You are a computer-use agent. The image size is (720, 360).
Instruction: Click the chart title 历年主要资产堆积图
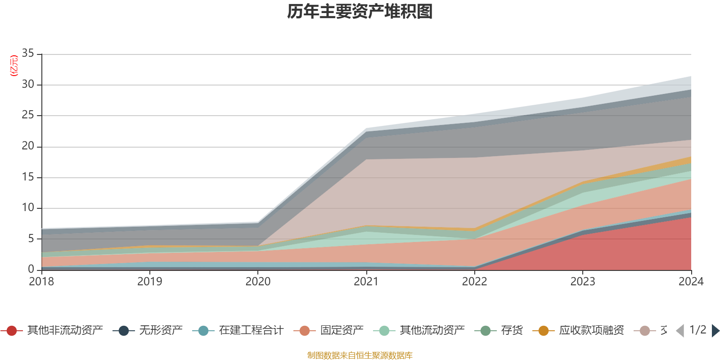pos(360,12)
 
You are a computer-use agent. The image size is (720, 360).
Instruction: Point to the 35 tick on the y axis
pos(28,54)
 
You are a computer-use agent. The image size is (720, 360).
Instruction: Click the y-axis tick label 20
pos(28,146)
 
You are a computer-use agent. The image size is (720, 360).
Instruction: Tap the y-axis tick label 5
pos(31,238)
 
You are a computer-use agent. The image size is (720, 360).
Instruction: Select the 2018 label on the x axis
pos(41,282)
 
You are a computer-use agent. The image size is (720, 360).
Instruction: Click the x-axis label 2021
pos(366,282)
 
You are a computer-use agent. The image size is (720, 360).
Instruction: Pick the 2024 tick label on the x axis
pos(691,282)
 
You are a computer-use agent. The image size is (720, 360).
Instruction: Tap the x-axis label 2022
pos(474,282)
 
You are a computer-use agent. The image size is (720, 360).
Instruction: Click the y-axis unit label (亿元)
pos(14,66)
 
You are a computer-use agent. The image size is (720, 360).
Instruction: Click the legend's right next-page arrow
pos(715,331)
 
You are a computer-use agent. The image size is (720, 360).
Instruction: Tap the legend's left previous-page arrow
pos(680,331)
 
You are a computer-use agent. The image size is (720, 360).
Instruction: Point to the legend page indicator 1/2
pos(697,330)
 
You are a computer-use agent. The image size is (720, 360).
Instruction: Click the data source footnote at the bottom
pos(360,355)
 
